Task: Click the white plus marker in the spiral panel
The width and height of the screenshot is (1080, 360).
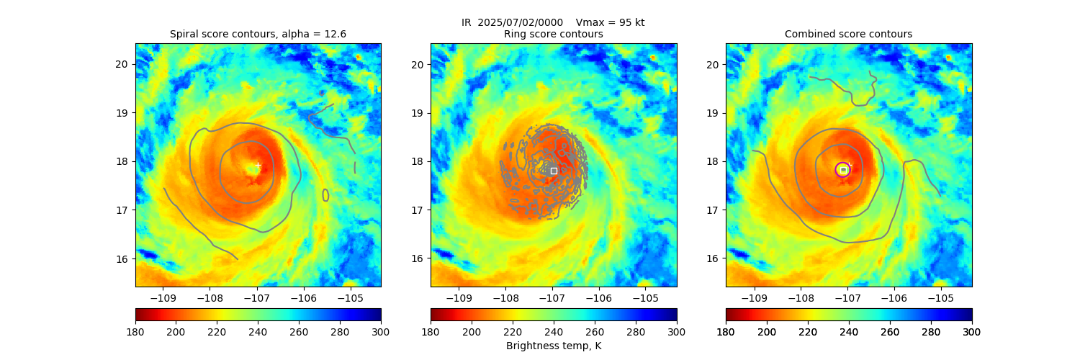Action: point(258,166)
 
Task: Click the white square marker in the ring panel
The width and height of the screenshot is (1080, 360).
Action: point(554,171)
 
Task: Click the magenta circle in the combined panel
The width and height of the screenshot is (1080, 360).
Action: point(843,169)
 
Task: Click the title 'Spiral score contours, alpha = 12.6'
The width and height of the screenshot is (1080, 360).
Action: point(258,34)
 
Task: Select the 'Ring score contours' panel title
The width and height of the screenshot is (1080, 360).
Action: point(554,34)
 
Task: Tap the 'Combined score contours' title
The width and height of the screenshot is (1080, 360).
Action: point(848,34)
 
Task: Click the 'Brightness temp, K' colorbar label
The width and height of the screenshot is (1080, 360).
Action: point(554,346)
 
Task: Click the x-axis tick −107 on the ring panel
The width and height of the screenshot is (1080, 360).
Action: point(552,297)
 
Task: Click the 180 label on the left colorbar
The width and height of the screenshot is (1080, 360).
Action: point(135,331)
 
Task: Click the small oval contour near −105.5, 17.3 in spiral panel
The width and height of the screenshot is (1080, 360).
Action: point(325,194)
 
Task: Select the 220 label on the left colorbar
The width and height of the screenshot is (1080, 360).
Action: point(217,331)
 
